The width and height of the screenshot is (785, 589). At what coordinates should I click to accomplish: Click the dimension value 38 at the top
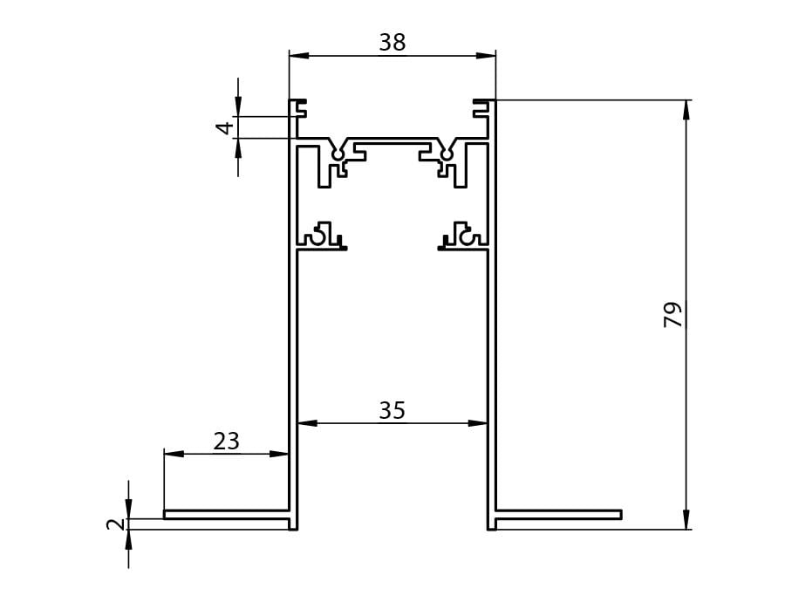pos(392,43)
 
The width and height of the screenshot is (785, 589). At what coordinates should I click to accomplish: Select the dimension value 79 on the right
pos(673,314)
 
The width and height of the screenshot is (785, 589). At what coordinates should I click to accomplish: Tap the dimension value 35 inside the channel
pos(392,411)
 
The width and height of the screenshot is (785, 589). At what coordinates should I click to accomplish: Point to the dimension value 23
pos(226,442)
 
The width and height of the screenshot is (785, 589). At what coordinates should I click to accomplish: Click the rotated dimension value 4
pos(225,128)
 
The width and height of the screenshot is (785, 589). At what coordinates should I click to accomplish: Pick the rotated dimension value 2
pos(116,524)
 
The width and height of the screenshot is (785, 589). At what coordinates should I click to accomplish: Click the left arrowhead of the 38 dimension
pos(299,56)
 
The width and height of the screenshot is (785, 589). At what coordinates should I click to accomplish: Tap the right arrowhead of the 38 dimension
pos(486,56)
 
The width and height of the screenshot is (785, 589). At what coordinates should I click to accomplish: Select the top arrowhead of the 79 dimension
pos(686,110)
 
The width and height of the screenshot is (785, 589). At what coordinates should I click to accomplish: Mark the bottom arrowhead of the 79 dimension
pos(686,519)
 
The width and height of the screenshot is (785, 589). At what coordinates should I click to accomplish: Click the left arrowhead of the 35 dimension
pos(307,423)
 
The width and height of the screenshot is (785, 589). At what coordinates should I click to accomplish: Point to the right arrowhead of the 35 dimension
pos(478,423)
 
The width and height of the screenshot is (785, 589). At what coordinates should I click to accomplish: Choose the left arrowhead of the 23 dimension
pos(174,454)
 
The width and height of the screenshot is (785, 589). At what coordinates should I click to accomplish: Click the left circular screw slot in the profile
pos(338,154)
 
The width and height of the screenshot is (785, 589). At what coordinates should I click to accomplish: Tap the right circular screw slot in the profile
pos(446,154)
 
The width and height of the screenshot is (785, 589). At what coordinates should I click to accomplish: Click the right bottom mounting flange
pos(558,514)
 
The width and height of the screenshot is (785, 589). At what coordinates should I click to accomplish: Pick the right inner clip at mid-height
pos(463,236)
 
